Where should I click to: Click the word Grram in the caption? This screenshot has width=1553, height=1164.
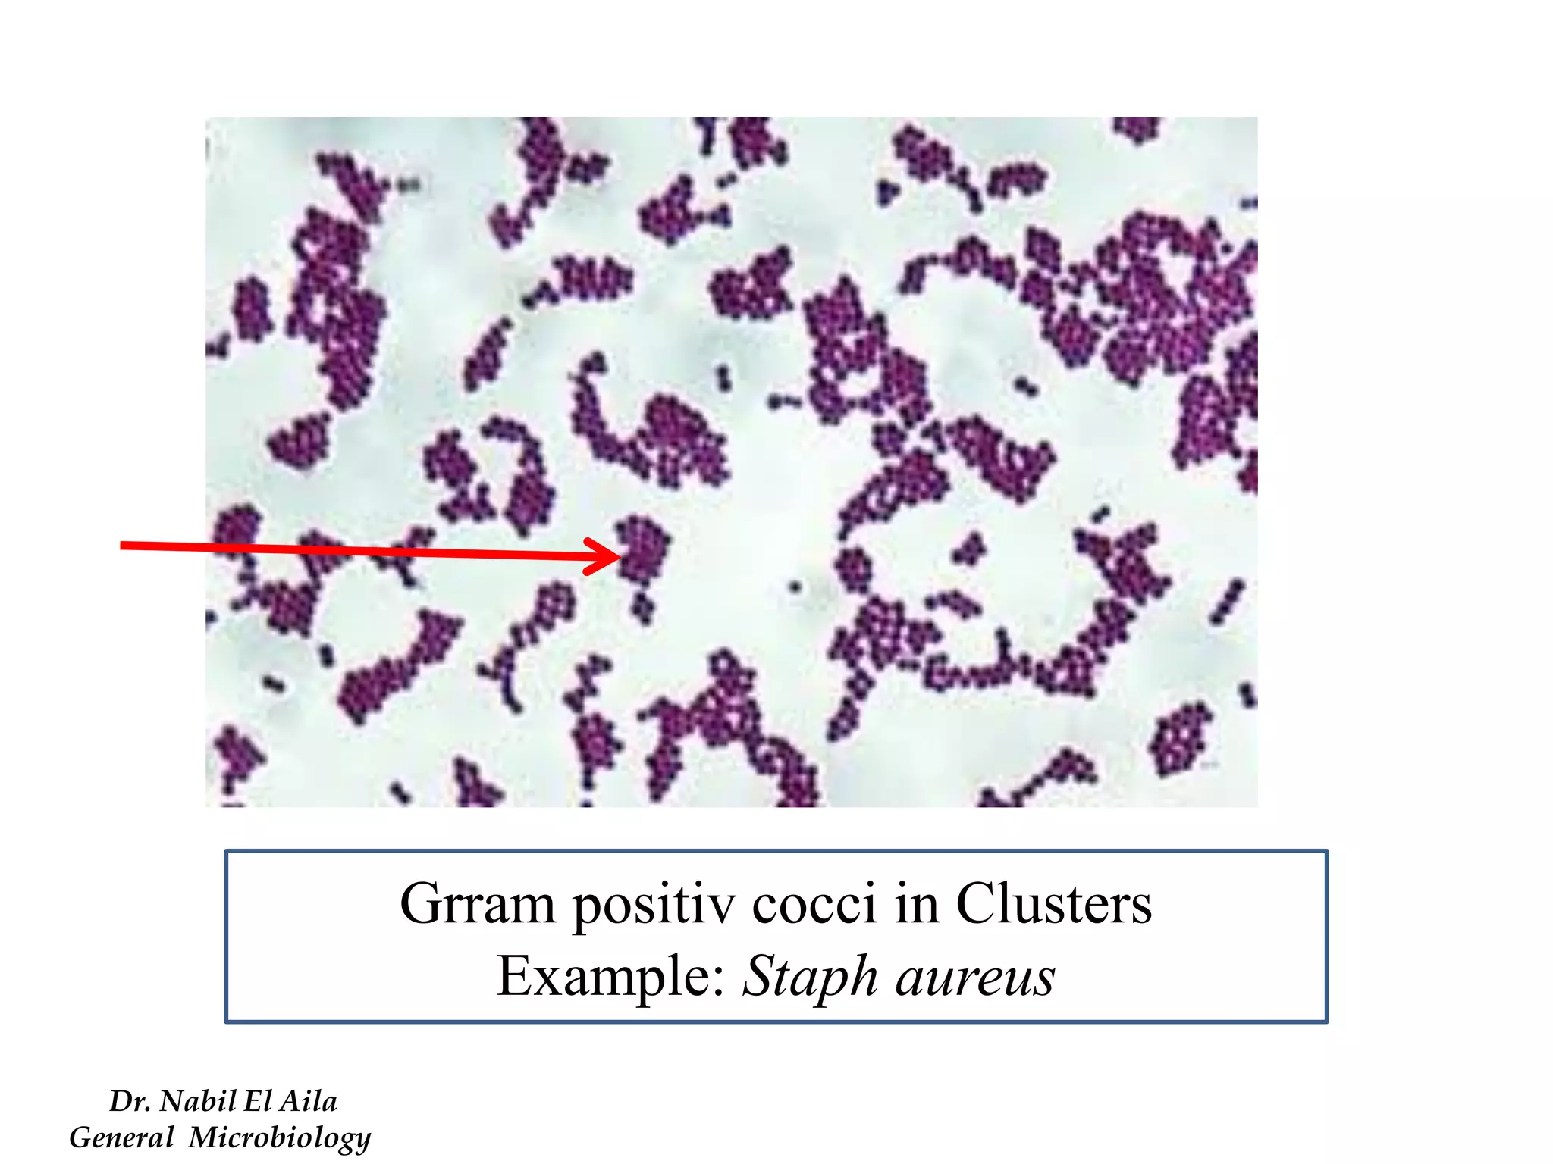click(x=478, y=903)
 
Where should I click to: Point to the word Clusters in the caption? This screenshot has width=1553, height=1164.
click(x=1053, y=903)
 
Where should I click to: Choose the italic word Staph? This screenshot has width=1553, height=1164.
click(x=810, y=978)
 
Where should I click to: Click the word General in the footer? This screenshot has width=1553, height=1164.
click(x=121, y=1137)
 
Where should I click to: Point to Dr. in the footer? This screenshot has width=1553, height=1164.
click(x=130, y=1101)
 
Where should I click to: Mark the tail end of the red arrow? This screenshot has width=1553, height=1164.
click(x=123, y=545)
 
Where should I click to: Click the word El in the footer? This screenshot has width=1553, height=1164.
click(x=259, y=1101)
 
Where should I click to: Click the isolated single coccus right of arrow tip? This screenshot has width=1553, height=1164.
click(x=795, y=587)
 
